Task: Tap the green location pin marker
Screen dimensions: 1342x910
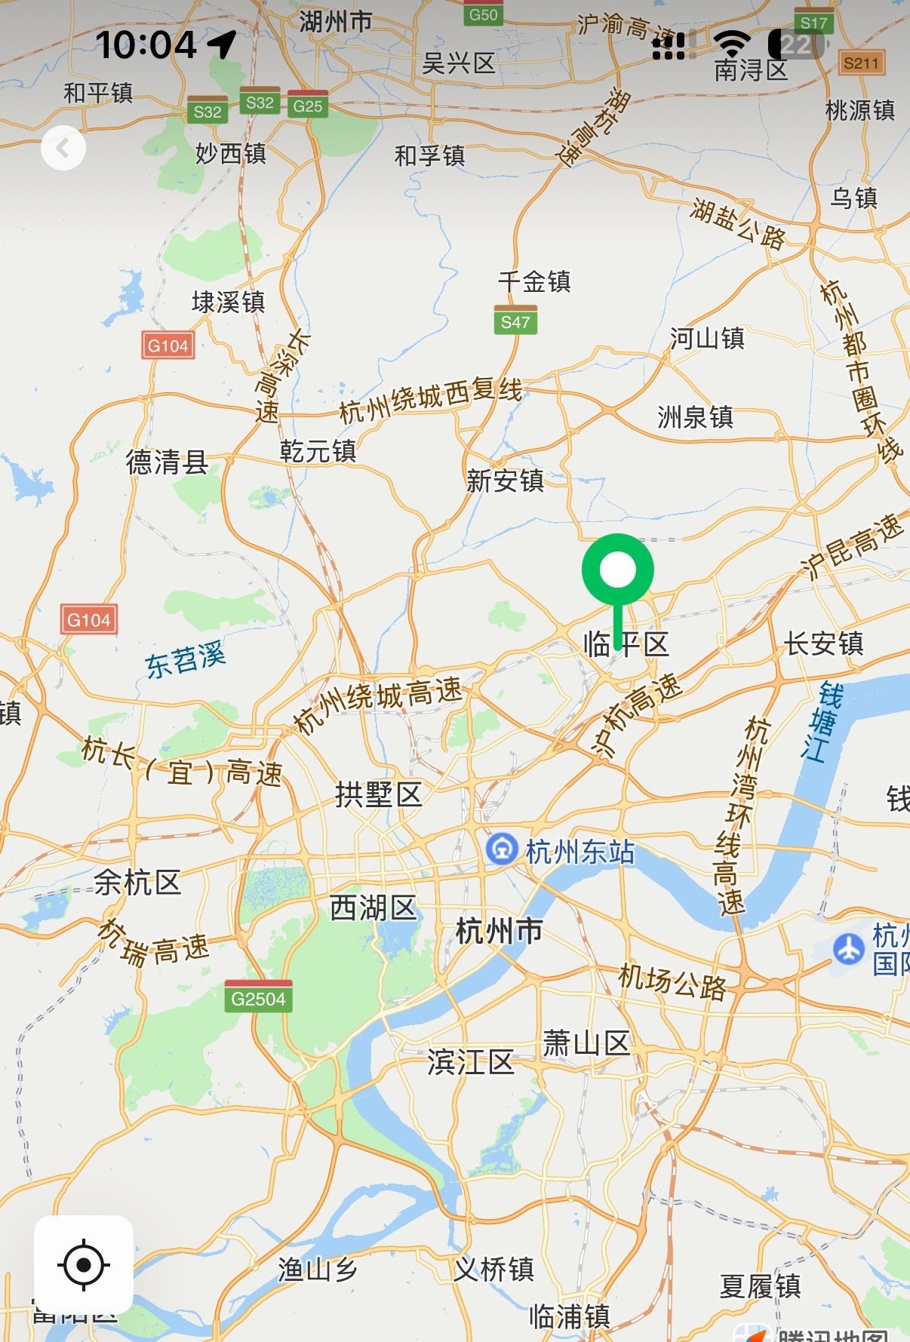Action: pyautogui.click(x=617, y=571)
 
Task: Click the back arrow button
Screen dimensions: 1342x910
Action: pyautogui.click(x=63, y=148)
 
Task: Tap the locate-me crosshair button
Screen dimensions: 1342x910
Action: pyautogui.click(x=84, y=1264)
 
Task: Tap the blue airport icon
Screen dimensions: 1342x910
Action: pyautogui.click(x=849, y=948)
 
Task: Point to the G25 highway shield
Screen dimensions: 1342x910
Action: pyautogui.click(x=308, y=105)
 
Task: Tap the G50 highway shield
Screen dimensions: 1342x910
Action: pyautogui.click(x=483, y=14)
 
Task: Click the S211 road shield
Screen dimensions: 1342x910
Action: pyautogui.click(x=861, y=63)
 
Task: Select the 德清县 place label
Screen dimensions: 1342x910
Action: pyautogui.click(x=167, y=462)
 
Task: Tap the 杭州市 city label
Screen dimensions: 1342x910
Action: pyautogui.click(x=499, y=931)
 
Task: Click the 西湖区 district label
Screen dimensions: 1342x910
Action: pyautogui.click(x=374, y=908)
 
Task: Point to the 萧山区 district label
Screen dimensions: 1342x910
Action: pyautogui.click(x=586, y=1044)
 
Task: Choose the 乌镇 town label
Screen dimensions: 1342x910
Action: pyautogui.click(x=854, y=198)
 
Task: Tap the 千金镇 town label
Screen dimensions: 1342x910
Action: pyautogui.click(x=534, y=281)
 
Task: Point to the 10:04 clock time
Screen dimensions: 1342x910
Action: pyautogui.click(x=146, y=45)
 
